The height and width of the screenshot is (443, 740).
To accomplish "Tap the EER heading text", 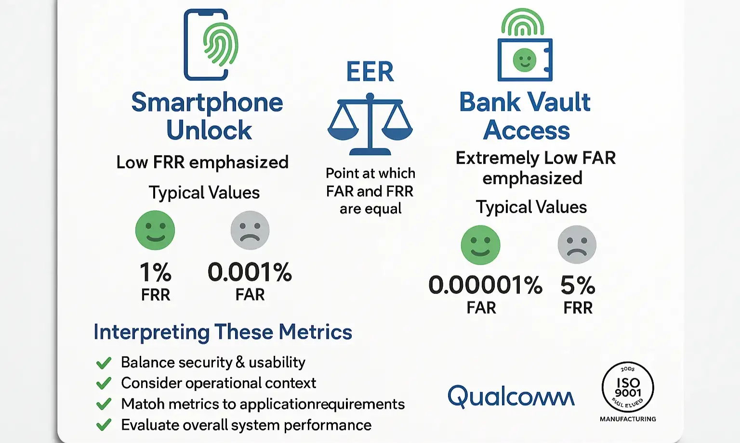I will click(370, 72).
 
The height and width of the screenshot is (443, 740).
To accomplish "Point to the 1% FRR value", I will click(155, 272).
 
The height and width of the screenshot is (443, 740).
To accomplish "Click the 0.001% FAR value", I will click(250, 272).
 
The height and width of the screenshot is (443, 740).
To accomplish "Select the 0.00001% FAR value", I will click(485, 285).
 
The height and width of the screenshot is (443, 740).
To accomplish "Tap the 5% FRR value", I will click(578, 286).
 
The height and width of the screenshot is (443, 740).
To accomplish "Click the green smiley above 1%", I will click(155, 230).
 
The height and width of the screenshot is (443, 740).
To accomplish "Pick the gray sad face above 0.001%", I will click(250, 230).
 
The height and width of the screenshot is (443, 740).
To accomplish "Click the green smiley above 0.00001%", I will click(480, 245).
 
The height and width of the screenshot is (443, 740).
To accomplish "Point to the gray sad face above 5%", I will click(577, 244).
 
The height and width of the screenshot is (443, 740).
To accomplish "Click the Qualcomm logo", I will click(511, 396).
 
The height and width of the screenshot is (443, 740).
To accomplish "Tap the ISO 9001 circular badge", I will click(628, 387).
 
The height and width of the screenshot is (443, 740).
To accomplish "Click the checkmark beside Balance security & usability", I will click(104, 363).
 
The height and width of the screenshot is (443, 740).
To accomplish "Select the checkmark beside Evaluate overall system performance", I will click(104, 425).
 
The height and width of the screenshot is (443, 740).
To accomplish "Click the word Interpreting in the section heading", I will click(151, 332).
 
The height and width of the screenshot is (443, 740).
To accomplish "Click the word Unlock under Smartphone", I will click(209, 130).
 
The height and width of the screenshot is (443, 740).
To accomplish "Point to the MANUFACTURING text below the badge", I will click(628, 419).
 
